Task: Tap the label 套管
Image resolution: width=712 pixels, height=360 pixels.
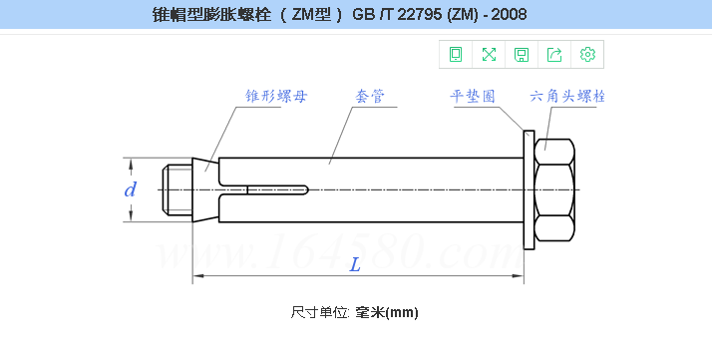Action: click(371, 97)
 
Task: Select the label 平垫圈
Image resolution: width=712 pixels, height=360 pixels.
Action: click(474, 97)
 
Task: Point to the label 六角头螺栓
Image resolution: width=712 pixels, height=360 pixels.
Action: click(568, 97)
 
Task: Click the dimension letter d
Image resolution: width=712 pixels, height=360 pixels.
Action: click(130, 189)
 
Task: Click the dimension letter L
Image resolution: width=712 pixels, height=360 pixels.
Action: click(355, 264)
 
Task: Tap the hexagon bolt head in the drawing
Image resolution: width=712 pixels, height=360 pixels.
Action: click(555, 189)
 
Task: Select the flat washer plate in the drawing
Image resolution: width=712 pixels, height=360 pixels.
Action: click(529, 189)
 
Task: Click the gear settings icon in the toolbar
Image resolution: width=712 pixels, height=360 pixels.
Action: click(587, 54)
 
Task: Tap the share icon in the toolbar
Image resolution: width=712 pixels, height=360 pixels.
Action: click(554, 54)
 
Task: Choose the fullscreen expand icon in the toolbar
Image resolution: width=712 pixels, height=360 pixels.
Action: click(489, 54)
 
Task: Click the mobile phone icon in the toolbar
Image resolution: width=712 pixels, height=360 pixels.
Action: click(456, 54)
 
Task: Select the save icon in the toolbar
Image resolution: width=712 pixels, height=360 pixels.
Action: click(522, 54)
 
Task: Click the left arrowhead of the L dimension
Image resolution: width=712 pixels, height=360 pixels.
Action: click(196, 277)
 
